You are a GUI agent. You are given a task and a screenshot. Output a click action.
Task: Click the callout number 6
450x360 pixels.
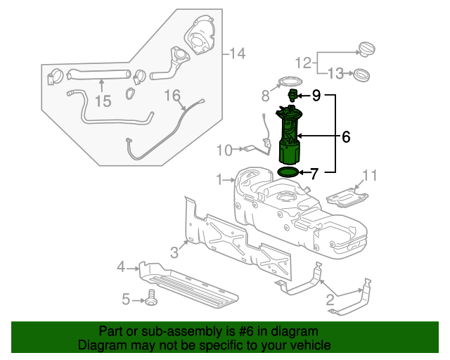pos(345,137)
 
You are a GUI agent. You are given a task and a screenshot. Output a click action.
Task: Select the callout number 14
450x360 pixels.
pos(236,53)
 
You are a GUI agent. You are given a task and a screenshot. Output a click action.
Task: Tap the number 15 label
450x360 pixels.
pos(103,101)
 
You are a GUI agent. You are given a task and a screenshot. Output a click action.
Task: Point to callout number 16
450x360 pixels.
pos(172,95)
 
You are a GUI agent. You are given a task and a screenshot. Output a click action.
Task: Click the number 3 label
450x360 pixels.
pos(174,252)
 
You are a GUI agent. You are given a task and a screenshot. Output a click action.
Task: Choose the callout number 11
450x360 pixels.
pos(370,175)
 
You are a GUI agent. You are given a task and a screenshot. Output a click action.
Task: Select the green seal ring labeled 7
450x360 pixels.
pos(288,172)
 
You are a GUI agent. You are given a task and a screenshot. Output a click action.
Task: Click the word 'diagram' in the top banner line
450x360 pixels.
pos(298,331)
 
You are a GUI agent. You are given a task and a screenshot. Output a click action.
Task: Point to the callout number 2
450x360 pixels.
pos(329,301)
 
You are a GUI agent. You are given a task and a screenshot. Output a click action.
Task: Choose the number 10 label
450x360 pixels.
pos(224,150)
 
